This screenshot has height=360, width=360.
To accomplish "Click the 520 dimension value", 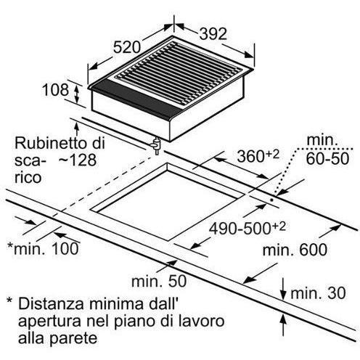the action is [x=127, y=47].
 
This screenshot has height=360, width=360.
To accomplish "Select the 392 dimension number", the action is [x=213, y=34].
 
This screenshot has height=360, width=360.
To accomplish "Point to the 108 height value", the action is [x=55, y=90].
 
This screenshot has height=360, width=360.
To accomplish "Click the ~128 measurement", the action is [x=78, y=160].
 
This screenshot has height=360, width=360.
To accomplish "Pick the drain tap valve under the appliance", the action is [x=156, y=146].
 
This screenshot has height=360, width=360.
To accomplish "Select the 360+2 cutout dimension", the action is [x=258, y=155].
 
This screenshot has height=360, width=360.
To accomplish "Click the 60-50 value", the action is [x=328, y=158].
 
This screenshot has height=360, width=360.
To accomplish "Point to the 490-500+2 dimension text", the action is [x=247, y=228].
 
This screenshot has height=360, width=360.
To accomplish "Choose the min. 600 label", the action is [x=295, y=250].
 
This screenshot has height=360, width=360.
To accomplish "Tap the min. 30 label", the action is [x=318, y=293].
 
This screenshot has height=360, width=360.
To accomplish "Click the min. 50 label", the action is [x=159, y=281].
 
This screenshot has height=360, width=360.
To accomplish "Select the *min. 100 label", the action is [x=43, y=248].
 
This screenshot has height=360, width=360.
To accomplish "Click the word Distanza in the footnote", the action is [x=52, y=304].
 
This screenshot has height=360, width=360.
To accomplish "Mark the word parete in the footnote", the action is [x=73, y=338].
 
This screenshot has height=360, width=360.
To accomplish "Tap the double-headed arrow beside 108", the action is [x=77, y=94].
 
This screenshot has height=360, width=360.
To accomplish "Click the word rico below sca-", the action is [x=28, y=178].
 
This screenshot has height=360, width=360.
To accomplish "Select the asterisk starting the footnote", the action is [x=9, y=301].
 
